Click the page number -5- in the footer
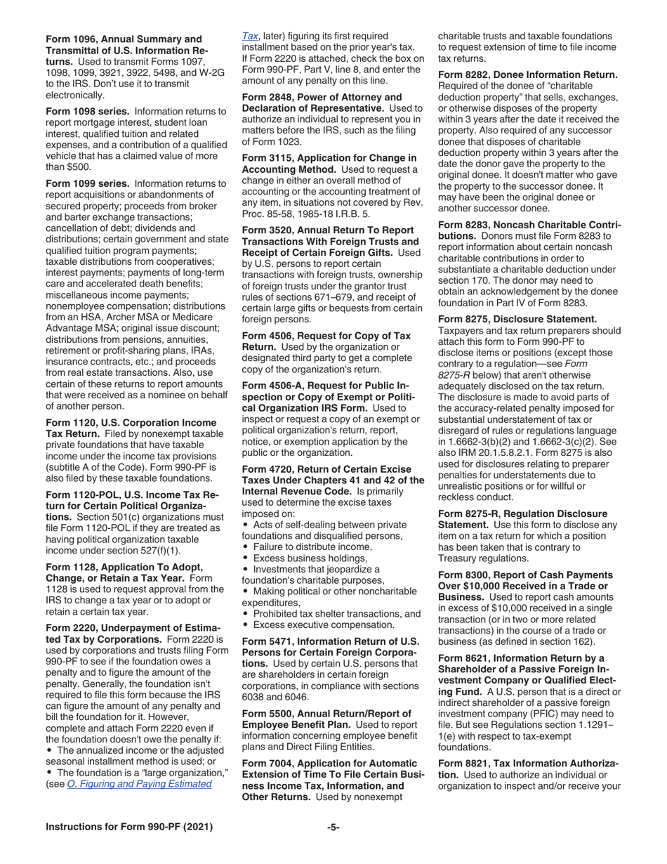pyautogui.click(x=333, y=827)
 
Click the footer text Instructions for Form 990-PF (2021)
pyautogui.click(x=128, y=827)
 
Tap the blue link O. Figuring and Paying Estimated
pyautogui.click(x=139, y=783)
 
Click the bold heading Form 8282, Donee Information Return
pyautogui.click(x=527, y=74)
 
